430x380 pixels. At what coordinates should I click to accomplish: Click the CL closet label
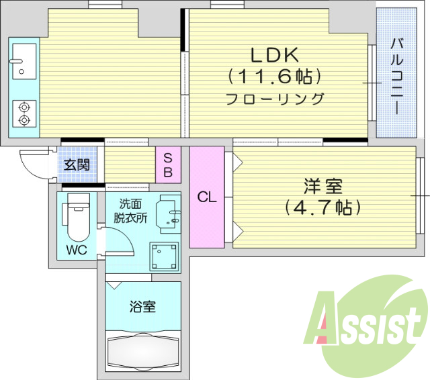pyautogui.click(x=207, y=197)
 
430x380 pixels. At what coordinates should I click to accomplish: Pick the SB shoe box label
pyautogui.click(x=168, y=164)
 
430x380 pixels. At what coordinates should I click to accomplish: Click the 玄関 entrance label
pyautogui.click(x=77, y=164)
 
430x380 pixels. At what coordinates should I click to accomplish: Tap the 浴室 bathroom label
pyautogui.click(x=142, y=307)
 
